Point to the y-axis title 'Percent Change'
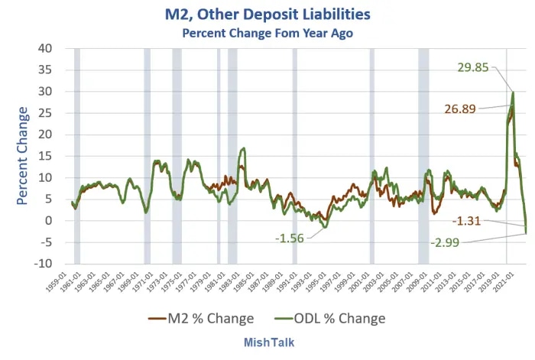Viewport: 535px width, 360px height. point(22,156)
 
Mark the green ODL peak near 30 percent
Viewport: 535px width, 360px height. point(512,92)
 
